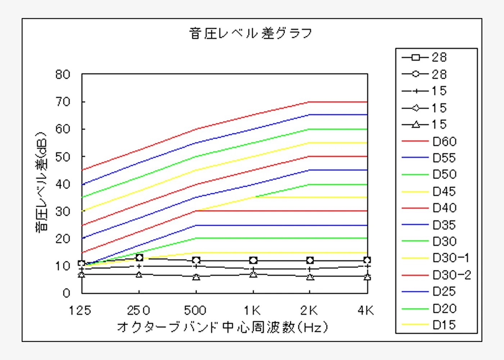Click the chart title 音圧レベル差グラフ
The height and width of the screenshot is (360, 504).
coord(251,33)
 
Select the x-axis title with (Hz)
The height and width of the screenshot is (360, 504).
coord(222,327)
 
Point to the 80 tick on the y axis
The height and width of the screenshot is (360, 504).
coord(63,75)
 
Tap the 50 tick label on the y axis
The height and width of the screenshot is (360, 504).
coord(63,157)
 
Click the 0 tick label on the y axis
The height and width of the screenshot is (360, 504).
coord(66,293)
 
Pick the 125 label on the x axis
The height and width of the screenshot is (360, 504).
coord(80,310)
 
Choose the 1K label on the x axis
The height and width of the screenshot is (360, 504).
coord(252,310)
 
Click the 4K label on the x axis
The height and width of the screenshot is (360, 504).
coord(366,310)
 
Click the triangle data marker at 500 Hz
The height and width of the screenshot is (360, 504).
coord(196,277)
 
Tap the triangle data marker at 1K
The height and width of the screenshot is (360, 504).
coord(253,274)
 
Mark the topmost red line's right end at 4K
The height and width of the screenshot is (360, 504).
coord(367,102)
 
